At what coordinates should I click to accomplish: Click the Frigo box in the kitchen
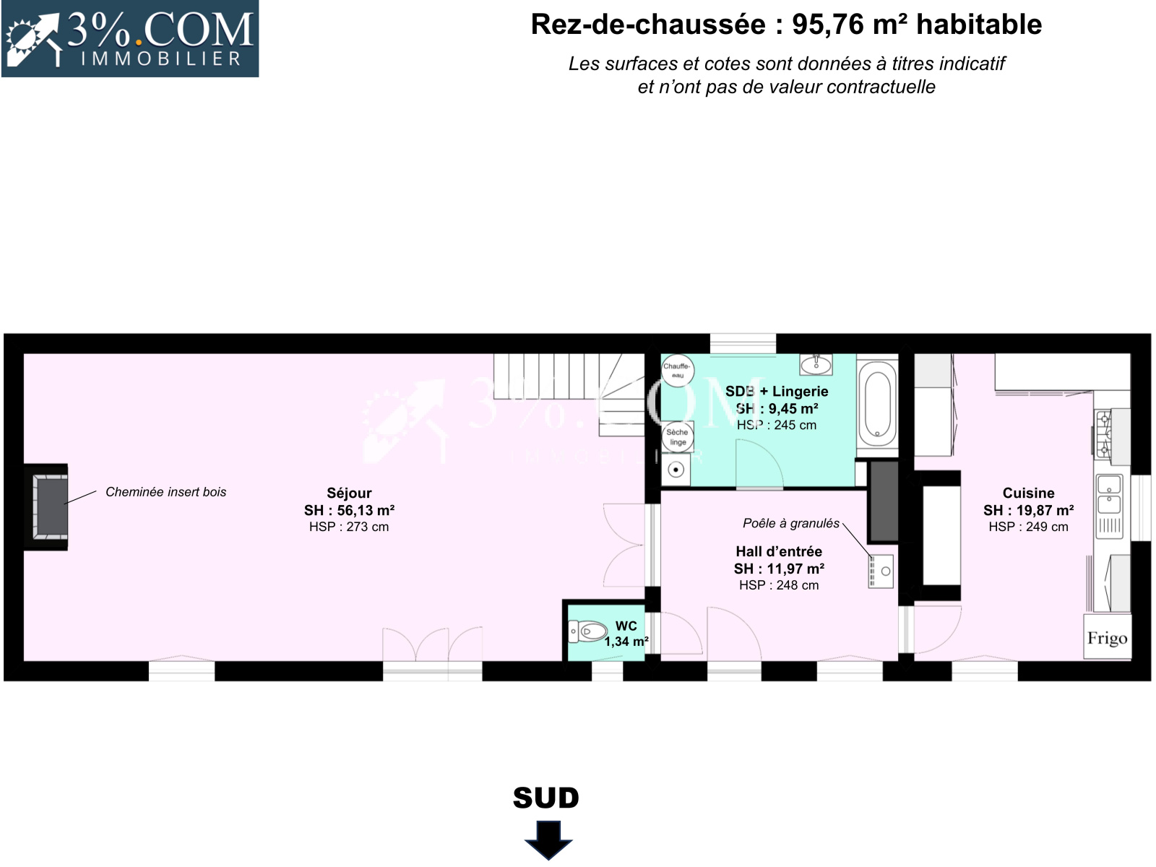point(1107,637)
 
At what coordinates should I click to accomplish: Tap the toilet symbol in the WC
point(587,631)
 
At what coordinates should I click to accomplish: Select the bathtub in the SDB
point(877,405)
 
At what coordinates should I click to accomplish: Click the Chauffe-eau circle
point(677,370)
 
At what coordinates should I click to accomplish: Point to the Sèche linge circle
point(677,437)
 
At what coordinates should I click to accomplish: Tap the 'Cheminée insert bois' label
point(166,492)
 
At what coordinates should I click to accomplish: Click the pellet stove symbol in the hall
point(881,571)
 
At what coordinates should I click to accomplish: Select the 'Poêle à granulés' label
point(791,523)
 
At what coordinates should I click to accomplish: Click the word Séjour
point(349,493)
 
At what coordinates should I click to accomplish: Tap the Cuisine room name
point(1029,493)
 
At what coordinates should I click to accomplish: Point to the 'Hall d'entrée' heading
point(779,552)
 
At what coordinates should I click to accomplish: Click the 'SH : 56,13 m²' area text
point(349,510)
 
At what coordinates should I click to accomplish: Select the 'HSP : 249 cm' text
point(1029,527)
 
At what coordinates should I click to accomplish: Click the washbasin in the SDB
point(816,364)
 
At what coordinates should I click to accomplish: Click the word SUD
point(546,798)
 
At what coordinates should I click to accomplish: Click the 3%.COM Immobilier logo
point(130,39)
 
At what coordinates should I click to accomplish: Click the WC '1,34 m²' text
point(626,642)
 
